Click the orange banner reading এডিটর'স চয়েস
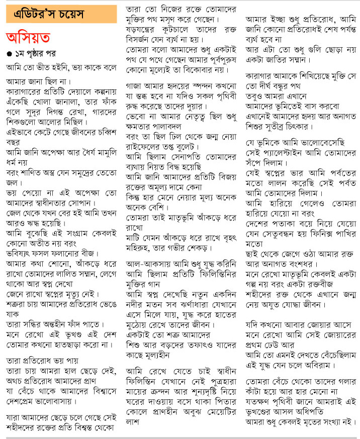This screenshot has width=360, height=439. point(59,14)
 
